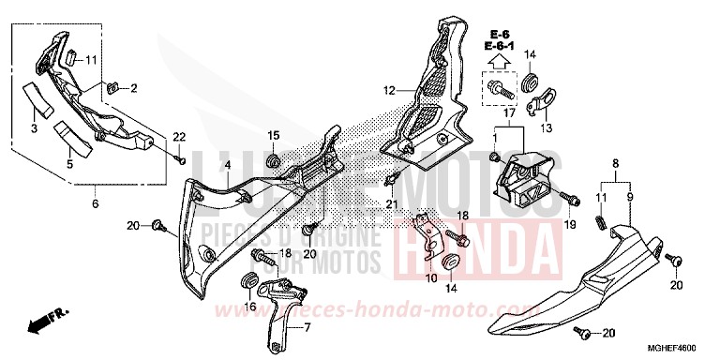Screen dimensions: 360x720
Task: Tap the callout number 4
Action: click(227, 166)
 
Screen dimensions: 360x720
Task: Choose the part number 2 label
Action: click(133, 88)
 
